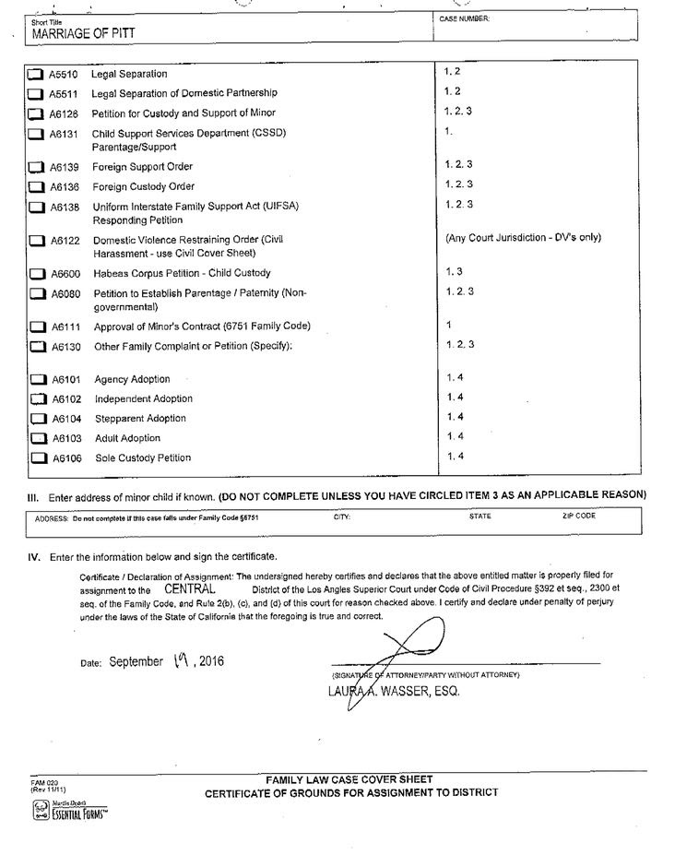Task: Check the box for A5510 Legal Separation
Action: click(35, 74)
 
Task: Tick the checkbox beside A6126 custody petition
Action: click(35, 114)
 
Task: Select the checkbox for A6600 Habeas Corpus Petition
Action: click(36, 274)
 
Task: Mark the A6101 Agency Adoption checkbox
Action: click(37, 380)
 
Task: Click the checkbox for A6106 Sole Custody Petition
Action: click(37, 458)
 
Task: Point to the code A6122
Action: click(65, 241)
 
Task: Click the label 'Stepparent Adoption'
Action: click(140, 419)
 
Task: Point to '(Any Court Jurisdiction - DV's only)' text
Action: click(523, 238)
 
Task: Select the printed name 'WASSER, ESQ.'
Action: click(431, 692)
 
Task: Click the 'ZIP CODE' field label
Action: click(578, 517)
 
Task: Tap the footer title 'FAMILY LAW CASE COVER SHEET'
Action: click(349, 779)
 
